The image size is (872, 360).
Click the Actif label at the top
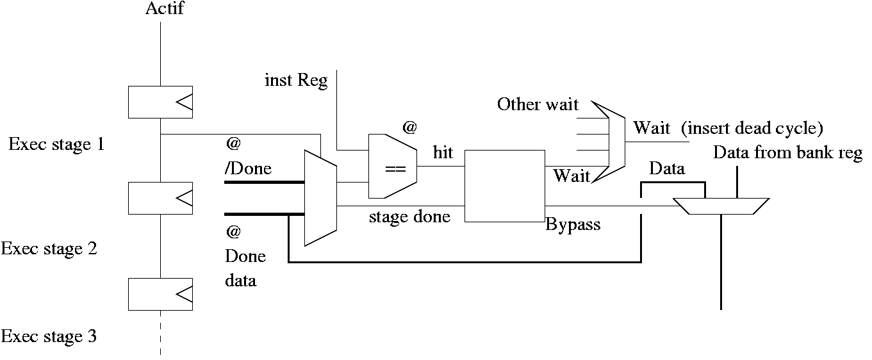(x=164, y=9)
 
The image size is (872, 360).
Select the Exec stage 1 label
(x=56, y=145)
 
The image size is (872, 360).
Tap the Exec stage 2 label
(x=49, y=249)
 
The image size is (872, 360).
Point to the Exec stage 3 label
(x=49, y=336)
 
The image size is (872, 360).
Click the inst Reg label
(x=296, y=81)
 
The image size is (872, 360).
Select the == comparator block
(x=393, y=167)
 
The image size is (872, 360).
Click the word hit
(x=443, y=152)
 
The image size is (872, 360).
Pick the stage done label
(x=409, y=217)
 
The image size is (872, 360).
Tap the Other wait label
(x=538, y=104)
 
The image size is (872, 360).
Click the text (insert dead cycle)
(x=752, y=127)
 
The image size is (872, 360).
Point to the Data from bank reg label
(x=787, y=153)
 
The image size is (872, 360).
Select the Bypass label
(x=573, y=225)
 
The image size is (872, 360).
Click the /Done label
(x=248, y=169)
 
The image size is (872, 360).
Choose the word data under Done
(x=241, y=280)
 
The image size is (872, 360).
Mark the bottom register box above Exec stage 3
(x=160, y=294)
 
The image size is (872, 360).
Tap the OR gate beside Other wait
(x=609, y=141)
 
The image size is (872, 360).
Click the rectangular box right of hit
(x=504, y=186)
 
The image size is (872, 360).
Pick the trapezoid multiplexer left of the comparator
(x=320, y=199)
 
